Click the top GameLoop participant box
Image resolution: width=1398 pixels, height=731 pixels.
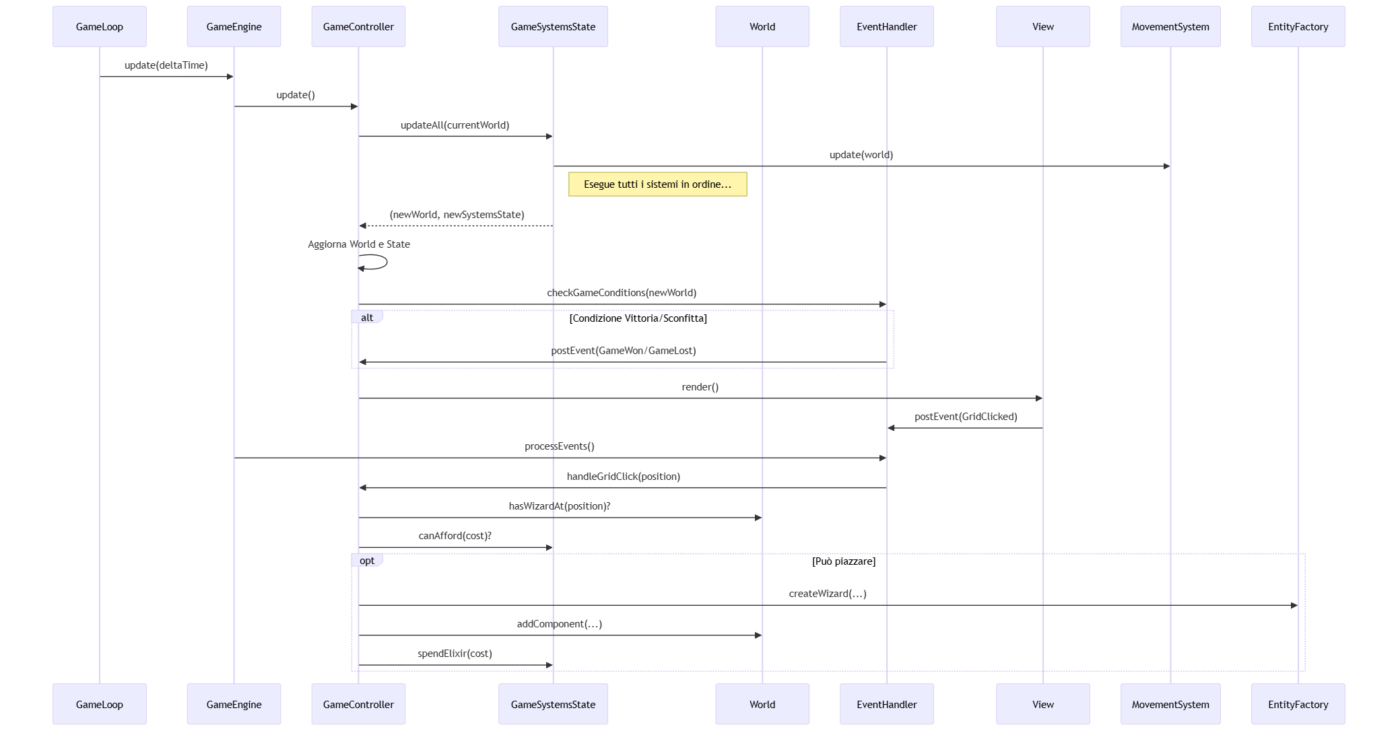tap(99, 27)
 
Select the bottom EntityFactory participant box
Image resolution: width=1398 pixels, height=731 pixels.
tap(1298, 704)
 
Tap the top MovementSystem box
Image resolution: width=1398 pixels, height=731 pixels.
tap(1170, 27)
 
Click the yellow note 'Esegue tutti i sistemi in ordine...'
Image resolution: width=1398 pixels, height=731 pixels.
tap(657, 184)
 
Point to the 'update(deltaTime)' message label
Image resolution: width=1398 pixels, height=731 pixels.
tap(166, 65)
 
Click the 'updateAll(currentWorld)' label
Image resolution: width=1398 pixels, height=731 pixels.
tap(455, 125)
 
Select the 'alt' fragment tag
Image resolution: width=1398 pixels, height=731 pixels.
tap(367, 318)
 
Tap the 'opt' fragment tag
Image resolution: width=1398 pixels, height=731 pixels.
tap(367, 561)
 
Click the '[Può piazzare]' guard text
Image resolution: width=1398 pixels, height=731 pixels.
tap(843, 561)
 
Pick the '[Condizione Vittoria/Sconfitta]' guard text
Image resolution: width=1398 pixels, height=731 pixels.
tap(638, 318)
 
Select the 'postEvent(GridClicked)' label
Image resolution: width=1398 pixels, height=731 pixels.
tap(965, 417)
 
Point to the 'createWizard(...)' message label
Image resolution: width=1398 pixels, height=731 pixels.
tap(827, 594)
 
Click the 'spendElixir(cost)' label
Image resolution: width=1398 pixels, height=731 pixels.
tap(455, 654)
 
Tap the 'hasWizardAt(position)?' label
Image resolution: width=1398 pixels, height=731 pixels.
tap(559, 506)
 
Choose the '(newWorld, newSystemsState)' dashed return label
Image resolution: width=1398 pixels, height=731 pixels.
tap(457, 215)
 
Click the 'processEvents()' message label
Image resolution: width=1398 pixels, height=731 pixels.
tap(559, 446)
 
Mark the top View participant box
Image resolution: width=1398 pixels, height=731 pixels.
tap(1042, 27)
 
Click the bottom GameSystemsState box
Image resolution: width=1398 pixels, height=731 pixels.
tap(553, 704)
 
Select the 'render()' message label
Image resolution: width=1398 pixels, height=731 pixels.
tap(700, 387)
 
